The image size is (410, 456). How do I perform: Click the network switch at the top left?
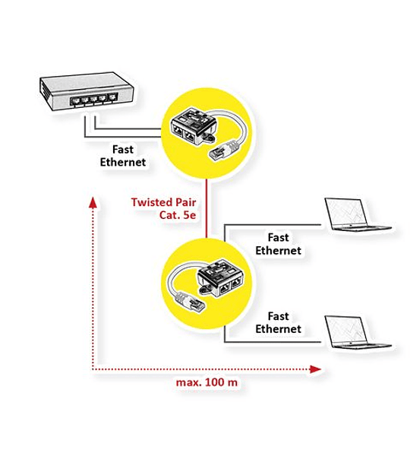click(x=87, y=91)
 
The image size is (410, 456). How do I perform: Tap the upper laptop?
click(x=358, y=214)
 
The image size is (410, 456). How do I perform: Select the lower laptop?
click(x=358, y=332)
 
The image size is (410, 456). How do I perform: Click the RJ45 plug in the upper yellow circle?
click(x=222, y=150)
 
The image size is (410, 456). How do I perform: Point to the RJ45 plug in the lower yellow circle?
click(x=190, y=301)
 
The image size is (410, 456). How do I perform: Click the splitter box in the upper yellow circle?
click(x=193, y=126)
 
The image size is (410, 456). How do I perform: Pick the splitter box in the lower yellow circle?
click(x=222, y=278)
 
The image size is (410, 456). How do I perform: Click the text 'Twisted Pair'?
click(x=163, y=202)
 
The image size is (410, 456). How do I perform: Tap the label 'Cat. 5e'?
click(x=178, y=215)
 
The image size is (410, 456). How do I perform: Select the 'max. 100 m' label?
click(x=207, y=382)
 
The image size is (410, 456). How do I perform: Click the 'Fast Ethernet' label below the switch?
click(x=123, y=156)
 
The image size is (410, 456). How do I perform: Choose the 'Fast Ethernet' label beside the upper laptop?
click(x=278, y=244)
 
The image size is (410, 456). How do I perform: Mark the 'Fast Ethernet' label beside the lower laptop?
click(x=278, y=322)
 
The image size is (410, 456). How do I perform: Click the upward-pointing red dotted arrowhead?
click(x=93, y=203)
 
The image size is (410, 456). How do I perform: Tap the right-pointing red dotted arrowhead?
click(x=315, y=369)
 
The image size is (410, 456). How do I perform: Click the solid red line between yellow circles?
click(x=207, y=208)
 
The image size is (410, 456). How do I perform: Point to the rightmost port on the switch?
click(x=112, y=97)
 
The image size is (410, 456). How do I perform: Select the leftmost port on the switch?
click(x=75, y=101)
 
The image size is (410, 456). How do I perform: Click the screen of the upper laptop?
click(x=345, y=212)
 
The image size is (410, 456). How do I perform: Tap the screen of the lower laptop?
click(x=345, y=329)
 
